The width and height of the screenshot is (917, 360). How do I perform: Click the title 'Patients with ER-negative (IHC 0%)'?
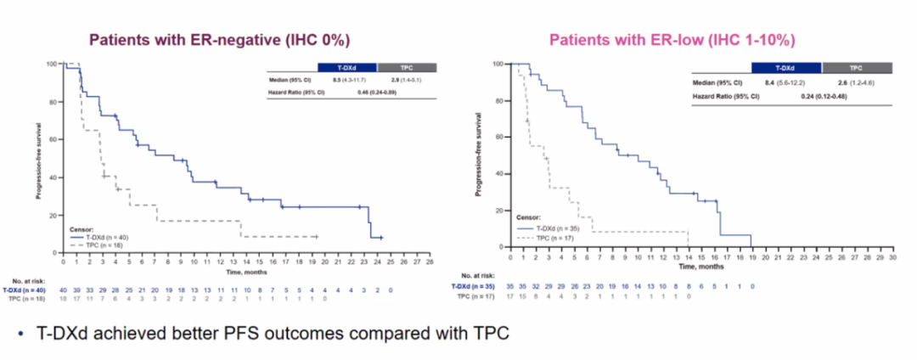[x=221, y=41]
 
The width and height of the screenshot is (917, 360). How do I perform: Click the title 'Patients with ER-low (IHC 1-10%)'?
[x=672, y=41]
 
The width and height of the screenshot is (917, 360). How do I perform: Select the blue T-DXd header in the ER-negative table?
[x=347, y=67]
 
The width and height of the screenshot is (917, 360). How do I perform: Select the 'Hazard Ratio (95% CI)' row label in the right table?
[x=726, y=96]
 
